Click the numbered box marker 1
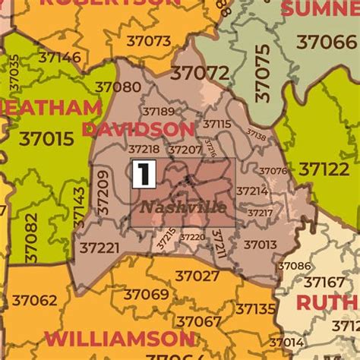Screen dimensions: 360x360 [143, 173]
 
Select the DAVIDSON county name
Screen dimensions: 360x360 [138, 129]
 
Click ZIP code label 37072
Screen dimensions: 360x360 [200, 73]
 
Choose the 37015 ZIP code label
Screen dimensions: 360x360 [46, 139]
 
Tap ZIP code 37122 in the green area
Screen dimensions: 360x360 [324, 169]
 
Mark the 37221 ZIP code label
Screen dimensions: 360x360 [99, 248]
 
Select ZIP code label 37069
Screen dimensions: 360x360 [147, 294]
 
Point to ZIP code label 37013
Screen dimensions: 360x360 [260, 245]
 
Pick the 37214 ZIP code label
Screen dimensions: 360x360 [252, 191]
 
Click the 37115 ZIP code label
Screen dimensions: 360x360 [216, 124]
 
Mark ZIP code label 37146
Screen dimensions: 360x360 [59, 57]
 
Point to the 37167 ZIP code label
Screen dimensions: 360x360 [324, 283]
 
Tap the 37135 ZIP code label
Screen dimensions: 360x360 [255, 309]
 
